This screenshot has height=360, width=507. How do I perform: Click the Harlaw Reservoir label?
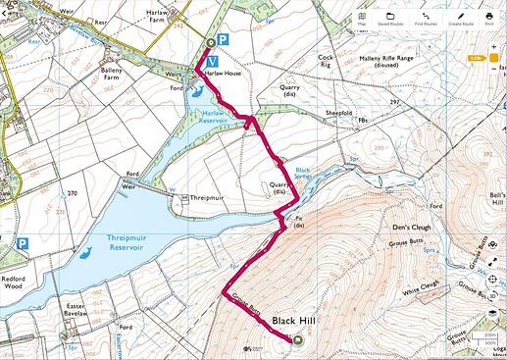click(x=212, y=117)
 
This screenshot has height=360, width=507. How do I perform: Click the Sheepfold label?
click(x=340, y=113)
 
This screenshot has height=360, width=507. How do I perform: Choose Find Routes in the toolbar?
click(x=426, y=18)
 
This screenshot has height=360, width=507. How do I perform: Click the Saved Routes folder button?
click(x=391, y=18)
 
